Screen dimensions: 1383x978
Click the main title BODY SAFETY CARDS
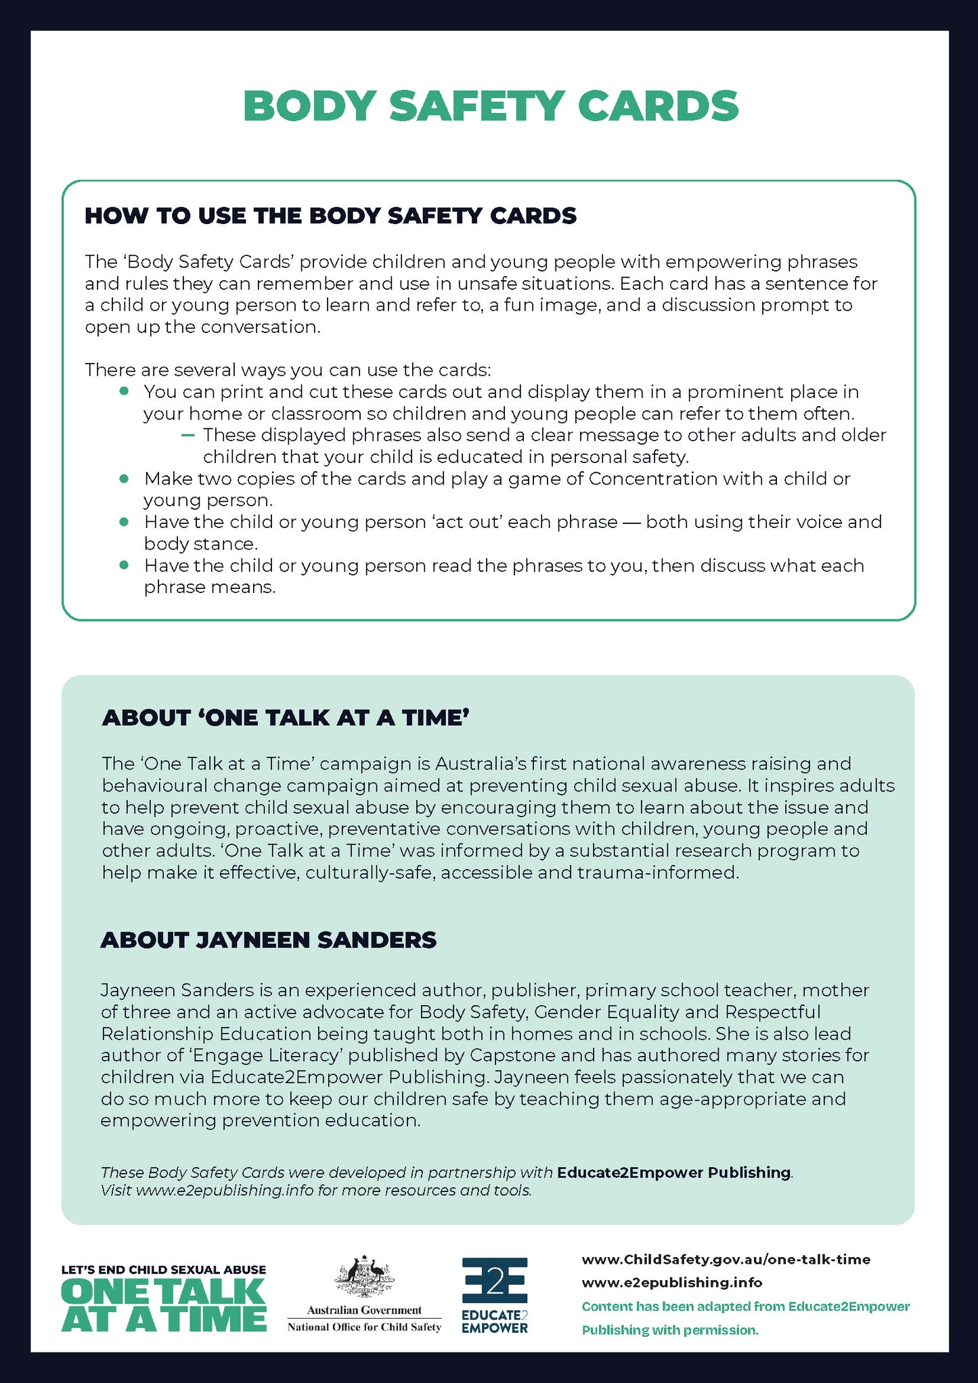pos(490,106)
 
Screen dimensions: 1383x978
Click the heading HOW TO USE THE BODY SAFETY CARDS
pos(330,216)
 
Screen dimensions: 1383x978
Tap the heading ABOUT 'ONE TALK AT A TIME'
pos(286,718)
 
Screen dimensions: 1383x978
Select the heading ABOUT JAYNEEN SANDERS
pos(269,940)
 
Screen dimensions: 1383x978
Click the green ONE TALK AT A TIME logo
pos(164,1307)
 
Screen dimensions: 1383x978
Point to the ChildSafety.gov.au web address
pos(726,1259)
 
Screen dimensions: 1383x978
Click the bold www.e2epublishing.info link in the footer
pos(672,1282)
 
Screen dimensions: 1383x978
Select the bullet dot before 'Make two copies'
pos(124,479)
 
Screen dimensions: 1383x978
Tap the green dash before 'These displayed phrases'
pos(188,435)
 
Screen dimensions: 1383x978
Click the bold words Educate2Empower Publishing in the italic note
pos(673,1172)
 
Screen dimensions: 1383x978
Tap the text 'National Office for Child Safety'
pos(364,1327)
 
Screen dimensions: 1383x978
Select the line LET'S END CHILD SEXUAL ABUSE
pos(164,1270)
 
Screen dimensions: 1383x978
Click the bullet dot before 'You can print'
pos(124,391)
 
